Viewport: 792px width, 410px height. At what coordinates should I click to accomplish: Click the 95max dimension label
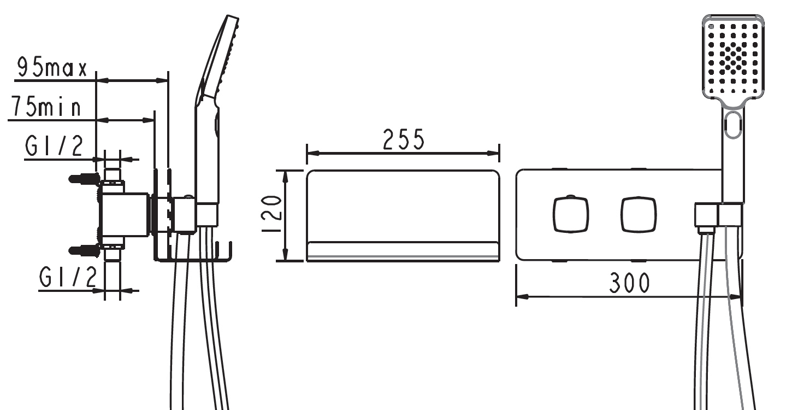click(x=52, y=67)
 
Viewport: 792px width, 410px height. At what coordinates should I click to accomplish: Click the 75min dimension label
click(x=46, y=106)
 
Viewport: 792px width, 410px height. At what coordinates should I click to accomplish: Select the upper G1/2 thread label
click(x=54, y=145)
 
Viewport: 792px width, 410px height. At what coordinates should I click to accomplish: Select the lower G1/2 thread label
click(x=68, y=277)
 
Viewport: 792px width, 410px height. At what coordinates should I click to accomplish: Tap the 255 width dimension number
click(x=404, y=139)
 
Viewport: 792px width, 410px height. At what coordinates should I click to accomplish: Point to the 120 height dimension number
click(x=271, y=214)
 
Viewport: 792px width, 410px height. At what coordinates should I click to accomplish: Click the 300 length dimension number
click(x=629, y=283)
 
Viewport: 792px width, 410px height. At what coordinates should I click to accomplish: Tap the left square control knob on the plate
click(x=571, y=214)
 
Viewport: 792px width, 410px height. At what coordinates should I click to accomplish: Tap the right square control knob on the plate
click(x=639, y=214)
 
